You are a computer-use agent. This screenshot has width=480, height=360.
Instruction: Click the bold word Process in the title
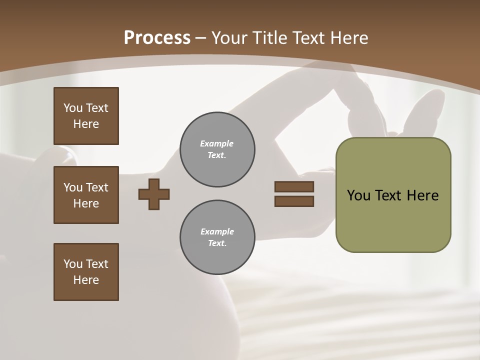157,38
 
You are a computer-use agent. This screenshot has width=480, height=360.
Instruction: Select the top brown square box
86,116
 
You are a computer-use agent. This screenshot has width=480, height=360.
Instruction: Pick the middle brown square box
86,195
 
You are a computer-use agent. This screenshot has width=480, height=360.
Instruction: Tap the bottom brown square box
86,272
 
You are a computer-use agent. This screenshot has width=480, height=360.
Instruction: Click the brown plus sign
154,194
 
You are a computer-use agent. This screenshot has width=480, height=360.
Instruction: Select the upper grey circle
217,149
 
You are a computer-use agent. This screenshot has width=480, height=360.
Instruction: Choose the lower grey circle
217,237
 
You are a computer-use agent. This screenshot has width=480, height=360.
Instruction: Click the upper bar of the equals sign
294,186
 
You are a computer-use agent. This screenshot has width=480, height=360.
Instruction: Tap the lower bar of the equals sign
294,201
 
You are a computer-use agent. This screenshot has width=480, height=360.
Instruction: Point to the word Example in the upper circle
217,143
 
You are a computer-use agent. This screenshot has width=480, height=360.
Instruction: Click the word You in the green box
358,195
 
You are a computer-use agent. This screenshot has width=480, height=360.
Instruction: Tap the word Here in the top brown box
86,124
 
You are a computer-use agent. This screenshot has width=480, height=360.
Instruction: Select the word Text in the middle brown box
97,187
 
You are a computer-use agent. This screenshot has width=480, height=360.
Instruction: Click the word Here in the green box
422,195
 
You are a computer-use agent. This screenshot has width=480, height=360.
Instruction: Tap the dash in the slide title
201,38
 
